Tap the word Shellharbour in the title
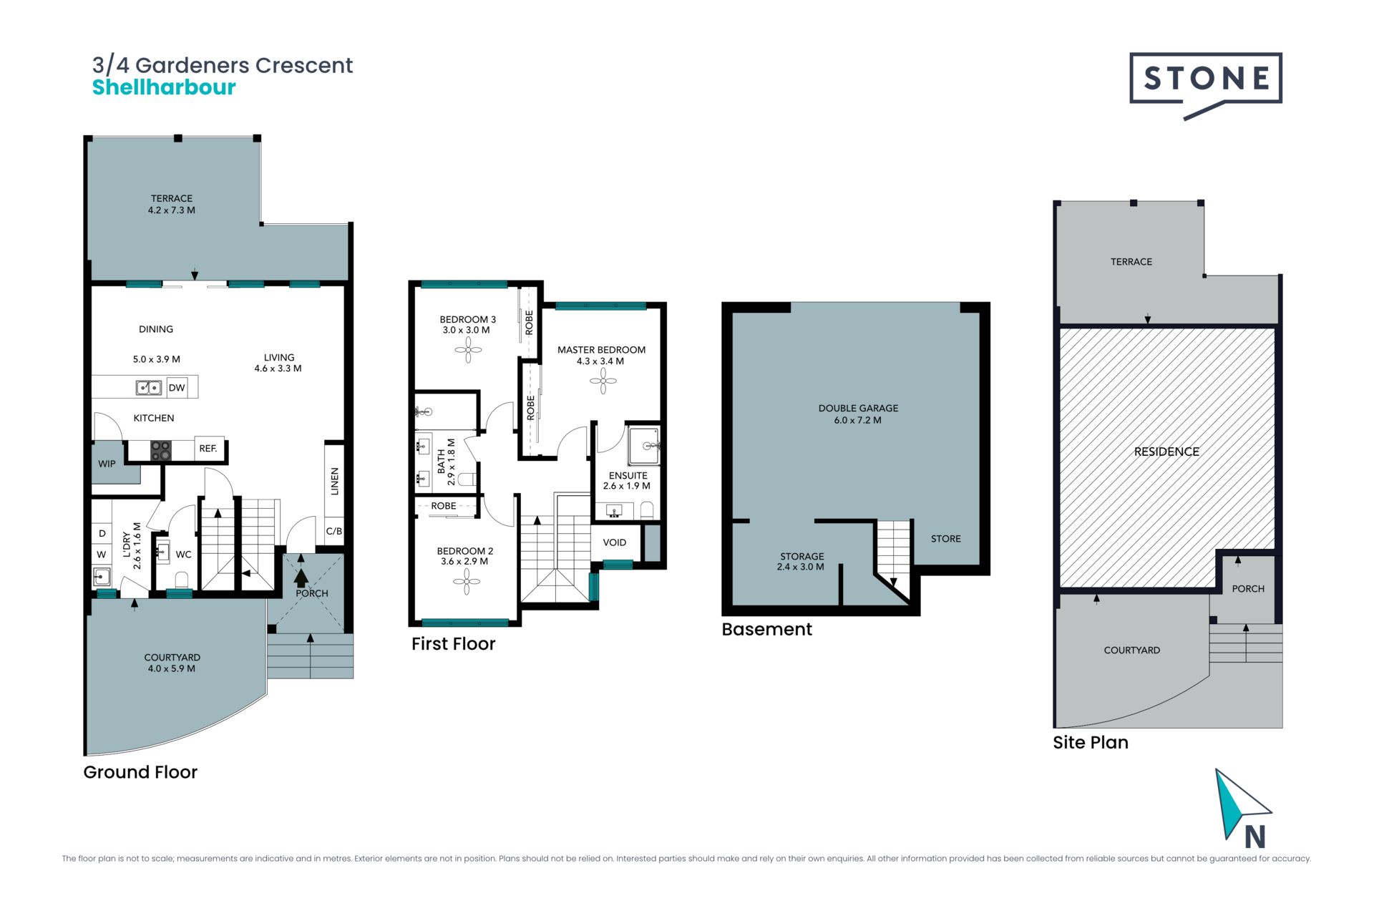click(x=164, y=87)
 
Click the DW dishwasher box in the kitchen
click(x=177, y=388)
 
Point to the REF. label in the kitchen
click(x=208, y=449)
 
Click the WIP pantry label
click(x=107, y=464)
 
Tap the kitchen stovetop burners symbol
click(x=161, y=451)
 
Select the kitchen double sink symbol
click(x=149, y=388)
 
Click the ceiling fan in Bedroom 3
click(x=468, y=350)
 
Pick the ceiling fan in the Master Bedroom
click(x=603, y=381)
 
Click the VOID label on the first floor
click(x=615, y=542)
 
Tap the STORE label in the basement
click(x=946, y=539)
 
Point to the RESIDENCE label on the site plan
click(x=1166, y=452)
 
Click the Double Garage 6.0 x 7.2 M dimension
click(x=857, y=420)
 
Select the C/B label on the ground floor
click(x=334, y=531)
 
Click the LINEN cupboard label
click(x=334, y=482)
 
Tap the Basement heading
click(x=766, y=629)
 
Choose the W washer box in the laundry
click(x=102, y=555)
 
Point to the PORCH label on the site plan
click(x=1248, y=589)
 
